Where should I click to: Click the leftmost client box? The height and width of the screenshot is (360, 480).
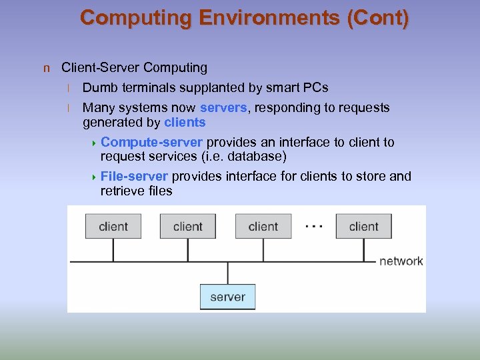point(113,226)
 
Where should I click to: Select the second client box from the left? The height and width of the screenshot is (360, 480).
point(187,226)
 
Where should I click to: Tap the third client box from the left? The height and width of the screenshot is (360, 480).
point(263,226)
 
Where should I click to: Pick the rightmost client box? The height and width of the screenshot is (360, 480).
point(363,226)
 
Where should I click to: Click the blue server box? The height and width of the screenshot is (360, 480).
point(227,297)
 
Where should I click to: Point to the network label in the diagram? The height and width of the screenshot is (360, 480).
point(401,261)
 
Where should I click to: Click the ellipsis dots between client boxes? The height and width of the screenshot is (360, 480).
point(313,227)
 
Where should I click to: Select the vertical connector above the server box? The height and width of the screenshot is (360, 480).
point(227,273)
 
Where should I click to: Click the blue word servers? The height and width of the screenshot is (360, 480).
point(223,107)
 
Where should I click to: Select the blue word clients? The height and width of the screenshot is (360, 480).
point(185,122)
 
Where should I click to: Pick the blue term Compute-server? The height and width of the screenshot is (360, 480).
point(152,142)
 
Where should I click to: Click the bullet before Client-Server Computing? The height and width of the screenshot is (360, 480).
point(46,68)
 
